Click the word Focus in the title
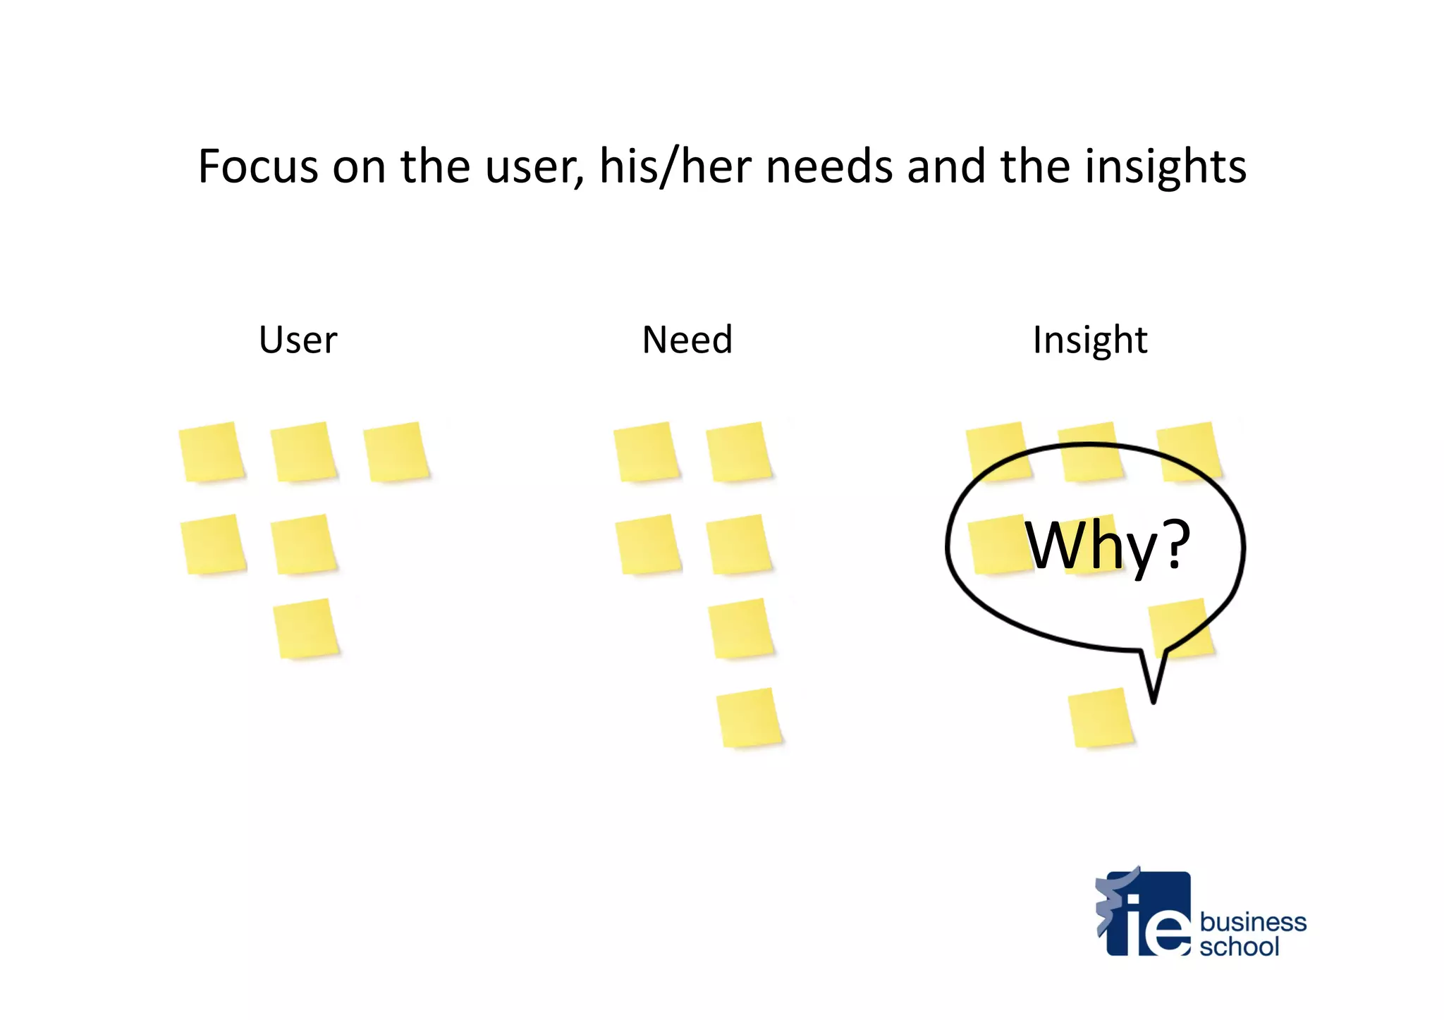(258, 167)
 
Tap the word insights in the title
(1165, 167)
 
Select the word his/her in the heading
(675, 167)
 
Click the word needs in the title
(829, 167)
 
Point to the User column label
(298, 340)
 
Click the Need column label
(687, 340)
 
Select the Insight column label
(1090, 340)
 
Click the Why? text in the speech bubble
(1107, 545)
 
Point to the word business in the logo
(1253, 921)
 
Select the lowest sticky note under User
(306, 628)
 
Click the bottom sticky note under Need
(749, 717)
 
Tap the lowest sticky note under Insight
(1100, 717)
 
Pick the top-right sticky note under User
(396, 452)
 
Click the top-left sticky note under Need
(646, 452)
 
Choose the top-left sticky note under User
(212, 452)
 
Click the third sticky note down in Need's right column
(741, 628)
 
